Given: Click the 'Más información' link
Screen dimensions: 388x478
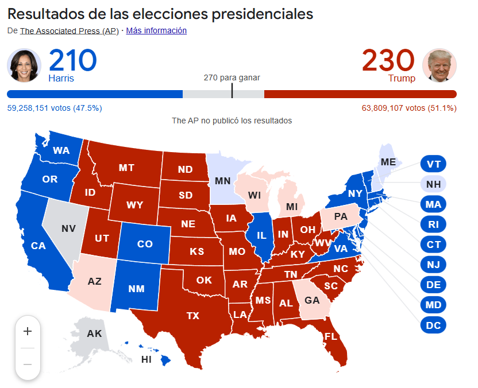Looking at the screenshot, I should (x=156, y=30).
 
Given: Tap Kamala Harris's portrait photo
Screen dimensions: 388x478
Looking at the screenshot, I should (x=24, y=65).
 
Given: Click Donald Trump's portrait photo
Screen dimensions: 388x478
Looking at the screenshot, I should (x=440, y=65).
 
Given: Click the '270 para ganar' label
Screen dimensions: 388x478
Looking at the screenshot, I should (x=232, y=77).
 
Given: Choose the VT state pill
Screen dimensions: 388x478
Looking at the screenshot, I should (x=434, y=164).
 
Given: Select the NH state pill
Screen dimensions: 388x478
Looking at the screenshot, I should (x=434, y=184).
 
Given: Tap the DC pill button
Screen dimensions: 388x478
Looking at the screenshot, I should (x=434, y=325).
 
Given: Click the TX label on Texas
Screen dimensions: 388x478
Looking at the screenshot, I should (x=192, y=315).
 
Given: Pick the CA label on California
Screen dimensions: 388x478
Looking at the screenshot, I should (x=38, y=246).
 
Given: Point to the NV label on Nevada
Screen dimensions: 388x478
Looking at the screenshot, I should (x=68, y=228).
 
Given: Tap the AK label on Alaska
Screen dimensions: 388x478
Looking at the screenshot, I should (x=94, y=333).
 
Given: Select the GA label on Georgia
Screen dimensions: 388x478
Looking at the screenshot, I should (x=312, y=300).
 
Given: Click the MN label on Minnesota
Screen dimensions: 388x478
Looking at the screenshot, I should (x=223, y=181).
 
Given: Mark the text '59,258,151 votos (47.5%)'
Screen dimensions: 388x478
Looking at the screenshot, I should (x=55, y=108).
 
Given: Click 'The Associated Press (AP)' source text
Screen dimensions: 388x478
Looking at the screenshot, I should (x=69, y=31).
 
